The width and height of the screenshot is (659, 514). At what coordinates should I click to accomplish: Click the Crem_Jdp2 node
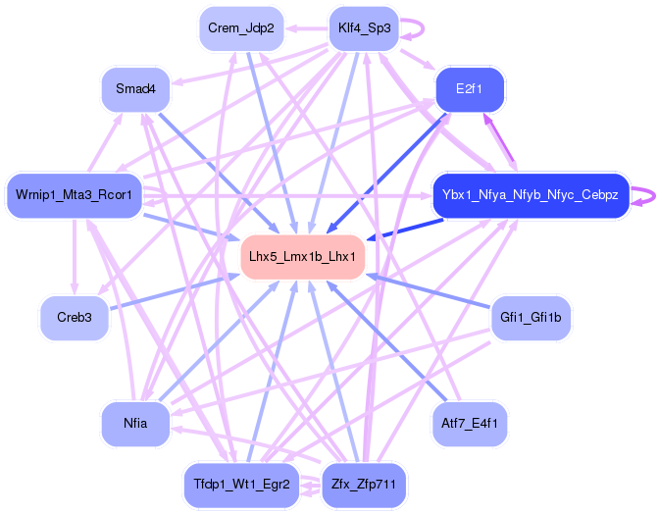tap(241, 28)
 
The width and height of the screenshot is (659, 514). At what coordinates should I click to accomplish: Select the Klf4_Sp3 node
tap(364, 28)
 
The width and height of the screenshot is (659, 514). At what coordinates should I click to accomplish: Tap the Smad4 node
tap(135, 89)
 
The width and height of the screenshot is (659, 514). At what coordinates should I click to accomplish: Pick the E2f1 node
tap(470, 89)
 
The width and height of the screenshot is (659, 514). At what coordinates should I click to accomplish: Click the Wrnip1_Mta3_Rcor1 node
tap(74, 195)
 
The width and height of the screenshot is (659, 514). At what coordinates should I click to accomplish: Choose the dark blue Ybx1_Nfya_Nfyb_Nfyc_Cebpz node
tap(531, 195)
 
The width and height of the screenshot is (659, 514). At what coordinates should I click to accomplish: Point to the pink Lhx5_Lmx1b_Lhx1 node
tap(303, 257)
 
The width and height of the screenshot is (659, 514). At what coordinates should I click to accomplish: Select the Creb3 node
tap(75, 318)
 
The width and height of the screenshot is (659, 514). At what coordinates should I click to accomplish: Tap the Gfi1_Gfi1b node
tap(531, 318)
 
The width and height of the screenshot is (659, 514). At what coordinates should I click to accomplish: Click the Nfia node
tap(135, 424)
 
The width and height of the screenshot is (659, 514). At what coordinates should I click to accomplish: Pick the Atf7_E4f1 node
tap(470, 424)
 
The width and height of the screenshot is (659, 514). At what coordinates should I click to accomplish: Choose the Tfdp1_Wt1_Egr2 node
tap(241, 485)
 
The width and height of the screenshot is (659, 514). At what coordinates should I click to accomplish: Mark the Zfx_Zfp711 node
tap(364, 485)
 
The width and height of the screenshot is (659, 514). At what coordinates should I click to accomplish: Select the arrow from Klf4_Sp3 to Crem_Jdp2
tap(306, 28)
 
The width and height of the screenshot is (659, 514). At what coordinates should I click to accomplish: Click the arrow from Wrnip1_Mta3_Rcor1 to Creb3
tap(75, 257)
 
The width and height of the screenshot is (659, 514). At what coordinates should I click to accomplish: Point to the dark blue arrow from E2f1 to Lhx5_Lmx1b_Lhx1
tap(385, 174)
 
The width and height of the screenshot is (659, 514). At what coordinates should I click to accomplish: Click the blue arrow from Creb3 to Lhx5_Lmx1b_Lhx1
tap(175, 292)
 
